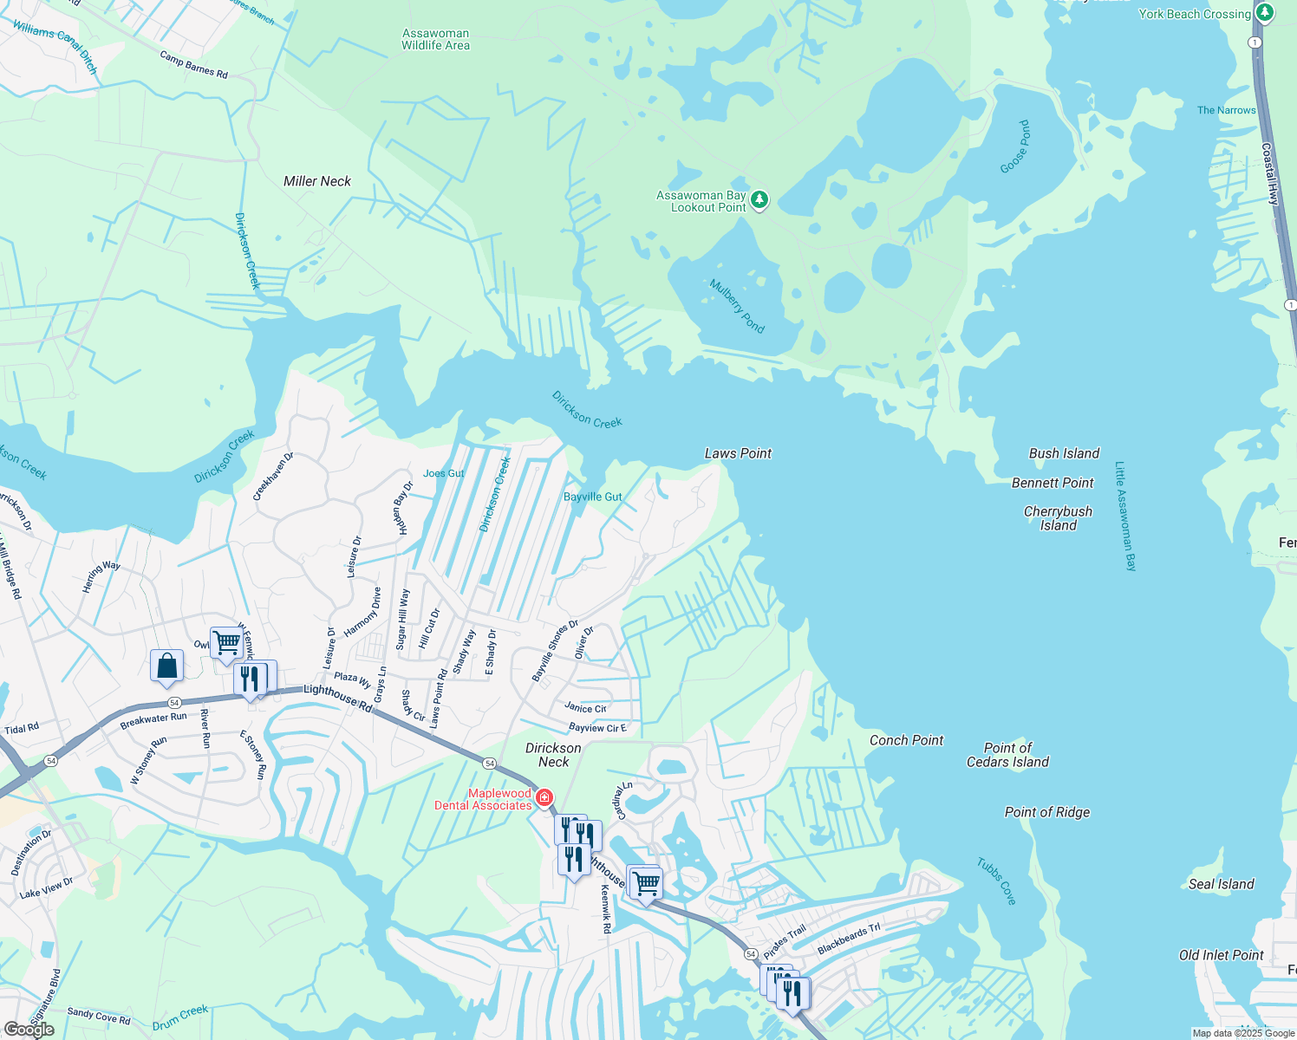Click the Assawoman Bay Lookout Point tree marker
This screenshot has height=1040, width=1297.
(x=759, y=201)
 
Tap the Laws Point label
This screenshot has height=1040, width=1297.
(x=738, y=453)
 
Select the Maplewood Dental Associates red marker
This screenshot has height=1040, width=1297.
(x=544, y=797)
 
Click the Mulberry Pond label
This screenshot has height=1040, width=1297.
(x=737, y=306)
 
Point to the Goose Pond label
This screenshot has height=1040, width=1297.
(x=1015, y=146)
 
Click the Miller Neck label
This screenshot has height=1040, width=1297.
(x=317, y=181)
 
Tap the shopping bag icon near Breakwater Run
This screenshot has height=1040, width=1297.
(x=166, y=666)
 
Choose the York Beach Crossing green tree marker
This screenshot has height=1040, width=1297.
(x=1265, y=13)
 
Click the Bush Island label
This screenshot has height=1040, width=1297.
(x=1064, y=453)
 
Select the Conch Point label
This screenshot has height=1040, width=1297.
(x=906, y=740)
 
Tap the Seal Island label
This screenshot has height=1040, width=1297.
(x=1221, y=884)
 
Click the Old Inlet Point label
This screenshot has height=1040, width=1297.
(x=1221, y=955)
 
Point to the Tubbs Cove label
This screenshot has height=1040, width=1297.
(x=996, y=881)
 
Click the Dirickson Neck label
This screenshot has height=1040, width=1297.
(x=553, y=755)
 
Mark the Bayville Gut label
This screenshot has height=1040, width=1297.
(x=593, y=497)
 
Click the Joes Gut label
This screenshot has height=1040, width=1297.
(x=444, y=473)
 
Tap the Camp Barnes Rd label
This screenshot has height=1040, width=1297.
(x=193, y=65)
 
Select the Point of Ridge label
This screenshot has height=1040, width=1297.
(x=1046, y=812)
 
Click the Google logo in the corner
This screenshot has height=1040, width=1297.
(x=29, y=1030)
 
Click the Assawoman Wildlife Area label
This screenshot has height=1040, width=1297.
(x=435, y=39)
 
